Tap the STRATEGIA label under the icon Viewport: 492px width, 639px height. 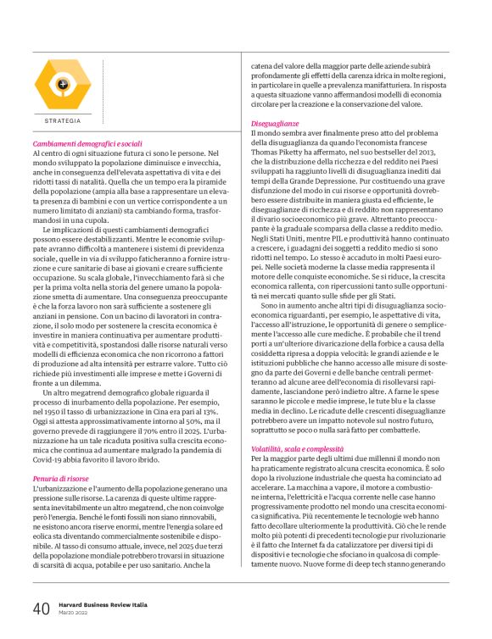62,121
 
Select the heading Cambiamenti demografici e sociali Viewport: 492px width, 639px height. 87,144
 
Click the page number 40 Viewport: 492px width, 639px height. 41,608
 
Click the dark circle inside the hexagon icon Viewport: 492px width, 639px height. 62,84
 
